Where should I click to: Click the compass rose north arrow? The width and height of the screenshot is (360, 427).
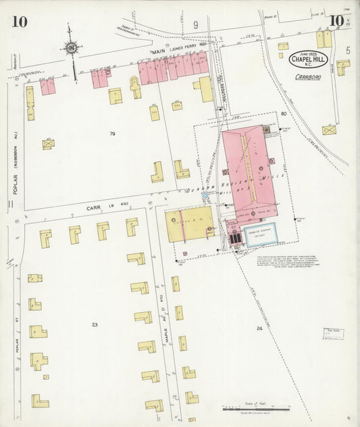coord(70,47)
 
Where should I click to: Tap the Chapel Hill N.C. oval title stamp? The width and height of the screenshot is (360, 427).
coord(309,59)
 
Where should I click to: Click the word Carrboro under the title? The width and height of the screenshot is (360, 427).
coord(307,77)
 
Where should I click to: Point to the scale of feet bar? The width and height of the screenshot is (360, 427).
coord(257,409)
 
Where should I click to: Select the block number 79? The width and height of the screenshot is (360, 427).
coord(112,134)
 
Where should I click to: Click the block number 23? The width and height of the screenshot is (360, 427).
coord(95,325)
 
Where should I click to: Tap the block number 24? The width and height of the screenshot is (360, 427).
coord(259,328)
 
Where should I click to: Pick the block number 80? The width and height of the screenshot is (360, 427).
coord(284,114)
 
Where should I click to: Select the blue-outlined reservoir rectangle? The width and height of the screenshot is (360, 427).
coord(259,234)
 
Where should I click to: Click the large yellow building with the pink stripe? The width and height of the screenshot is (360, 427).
coord(190,224)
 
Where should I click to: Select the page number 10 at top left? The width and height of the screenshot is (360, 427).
coord(19,22)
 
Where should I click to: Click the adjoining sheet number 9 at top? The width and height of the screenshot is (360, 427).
coord(196,25)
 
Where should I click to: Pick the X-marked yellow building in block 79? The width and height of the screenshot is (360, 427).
coord(48,144)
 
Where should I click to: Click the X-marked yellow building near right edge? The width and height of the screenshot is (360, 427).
coord(329,129)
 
